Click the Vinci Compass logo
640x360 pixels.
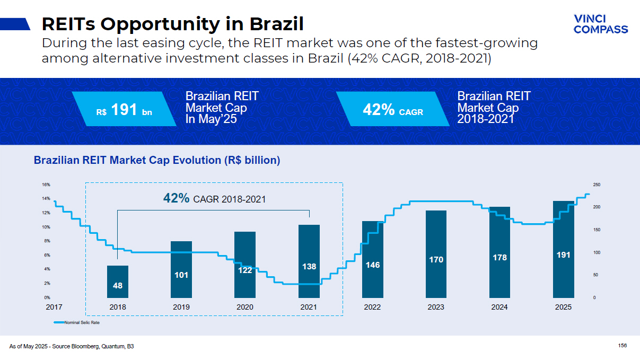(x=600, y=24)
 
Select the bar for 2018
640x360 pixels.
(x=118, y=282)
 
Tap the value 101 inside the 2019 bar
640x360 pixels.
(x=181, y=275)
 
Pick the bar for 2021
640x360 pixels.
(x=309, y=261)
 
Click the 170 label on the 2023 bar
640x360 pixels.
(x=436, y=260)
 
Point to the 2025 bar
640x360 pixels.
(x=563, y=249)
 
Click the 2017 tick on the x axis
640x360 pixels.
(x=54, y=307)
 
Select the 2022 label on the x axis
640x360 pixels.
(x=372, y=307)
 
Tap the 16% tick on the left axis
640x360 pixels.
(x=46, y=185)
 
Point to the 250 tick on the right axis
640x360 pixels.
(x=597, y=185)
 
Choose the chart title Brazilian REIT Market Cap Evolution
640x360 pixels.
(x=157, y=160)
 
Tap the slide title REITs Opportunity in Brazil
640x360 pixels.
(x=172, y=24)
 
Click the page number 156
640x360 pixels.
(x=623, y=346)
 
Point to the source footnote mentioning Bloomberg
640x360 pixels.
(x=72, y=346)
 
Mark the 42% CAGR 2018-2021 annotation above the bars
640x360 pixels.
(x=214, y=199)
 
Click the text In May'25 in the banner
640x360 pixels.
(x=211, y=119)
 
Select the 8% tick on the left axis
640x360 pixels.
(x=46, y=241)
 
